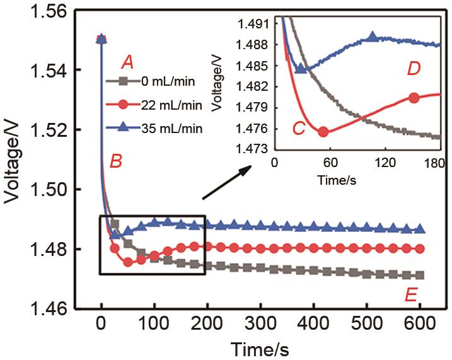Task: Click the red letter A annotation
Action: pyautogui.click(x=128, y=62)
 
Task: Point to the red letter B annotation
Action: pyautogui.click(x=115, y=161)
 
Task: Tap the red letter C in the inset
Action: pyautogui.click(x=299, y=128)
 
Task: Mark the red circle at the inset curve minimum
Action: pyautogui.click(x=323, y=132)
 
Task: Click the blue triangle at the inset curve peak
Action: pyautogui.click(x=373, y=37)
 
